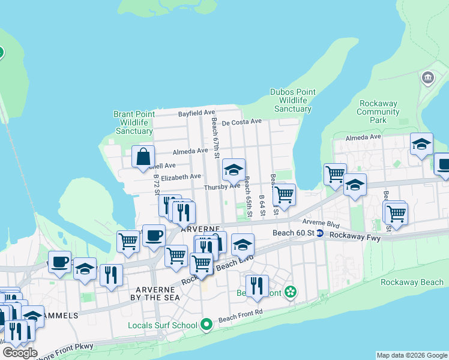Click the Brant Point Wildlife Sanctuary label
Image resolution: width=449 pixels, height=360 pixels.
pyautogui.click(x=134, y=122)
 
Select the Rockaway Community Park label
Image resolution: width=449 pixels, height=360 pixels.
pyautogui.click(x=378, y=112)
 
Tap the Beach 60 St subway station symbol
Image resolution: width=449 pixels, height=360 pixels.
pyautogui.click(x=320, y=233)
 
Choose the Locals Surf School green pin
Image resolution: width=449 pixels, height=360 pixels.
pyautogui.click(x=206, y=325)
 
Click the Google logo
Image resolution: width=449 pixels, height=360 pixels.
pyautogui.click(x=20, y=353)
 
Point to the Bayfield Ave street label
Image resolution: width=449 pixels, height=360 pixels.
pyautogui.click(x=196, y=113)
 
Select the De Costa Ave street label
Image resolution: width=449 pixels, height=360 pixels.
pyautogui.click(x=241, y=122)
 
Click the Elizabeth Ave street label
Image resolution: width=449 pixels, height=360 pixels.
pyautogui.click(x=181, y=177)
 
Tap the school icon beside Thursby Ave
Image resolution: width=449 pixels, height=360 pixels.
pyautogui.click(x=234, y=171)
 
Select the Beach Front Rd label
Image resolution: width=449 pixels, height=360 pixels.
pyautogui.click(x=241, y=316)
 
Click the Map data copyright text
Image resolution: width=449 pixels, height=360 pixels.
pyautogui.click(x=411, y=355)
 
